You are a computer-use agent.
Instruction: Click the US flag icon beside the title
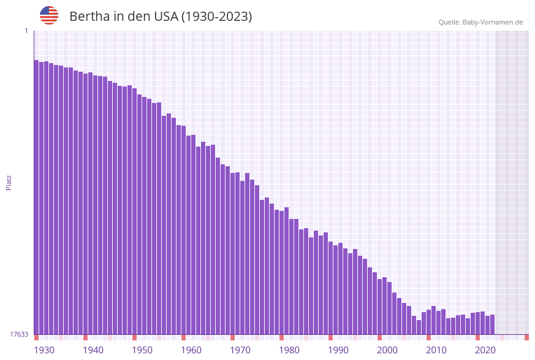pos(49,15)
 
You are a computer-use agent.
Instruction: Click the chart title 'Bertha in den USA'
pos(161,17)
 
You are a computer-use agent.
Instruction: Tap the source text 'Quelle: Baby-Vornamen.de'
pos(480,22)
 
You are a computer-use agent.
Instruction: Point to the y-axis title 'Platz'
pos(9,182)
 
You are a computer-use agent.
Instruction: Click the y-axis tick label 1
pos(26,31)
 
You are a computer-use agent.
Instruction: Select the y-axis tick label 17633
pos(18,334)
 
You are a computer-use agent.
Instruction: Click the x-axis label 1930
pos(44,350)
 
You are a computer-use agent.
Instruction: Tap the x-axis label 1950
pos(142,350)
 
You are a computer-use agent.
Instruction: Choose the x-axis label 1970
pos(240,350)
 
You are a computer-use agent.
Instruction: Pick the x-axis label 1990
pos(338,350)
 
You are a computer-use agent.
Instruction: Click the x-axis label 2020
pos(485,350)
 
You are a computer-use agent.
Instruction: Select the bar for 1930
pos(36,196)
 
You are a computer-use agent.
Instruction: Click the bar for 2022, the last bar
pos(492,324)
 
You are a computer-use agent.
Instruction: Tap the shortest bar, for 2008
pos(419,327)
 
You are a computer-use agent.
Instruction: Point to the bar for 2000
pos(379,307)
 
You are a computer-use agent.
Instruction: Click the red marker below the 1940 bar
pos(85,337)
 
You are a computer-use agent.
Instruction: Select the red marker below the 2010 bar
pos(428,337)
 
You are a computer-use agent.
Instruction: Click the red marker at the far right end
pos(526,337)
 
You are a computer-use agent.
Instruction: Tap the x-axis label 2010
pos(436,350)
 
